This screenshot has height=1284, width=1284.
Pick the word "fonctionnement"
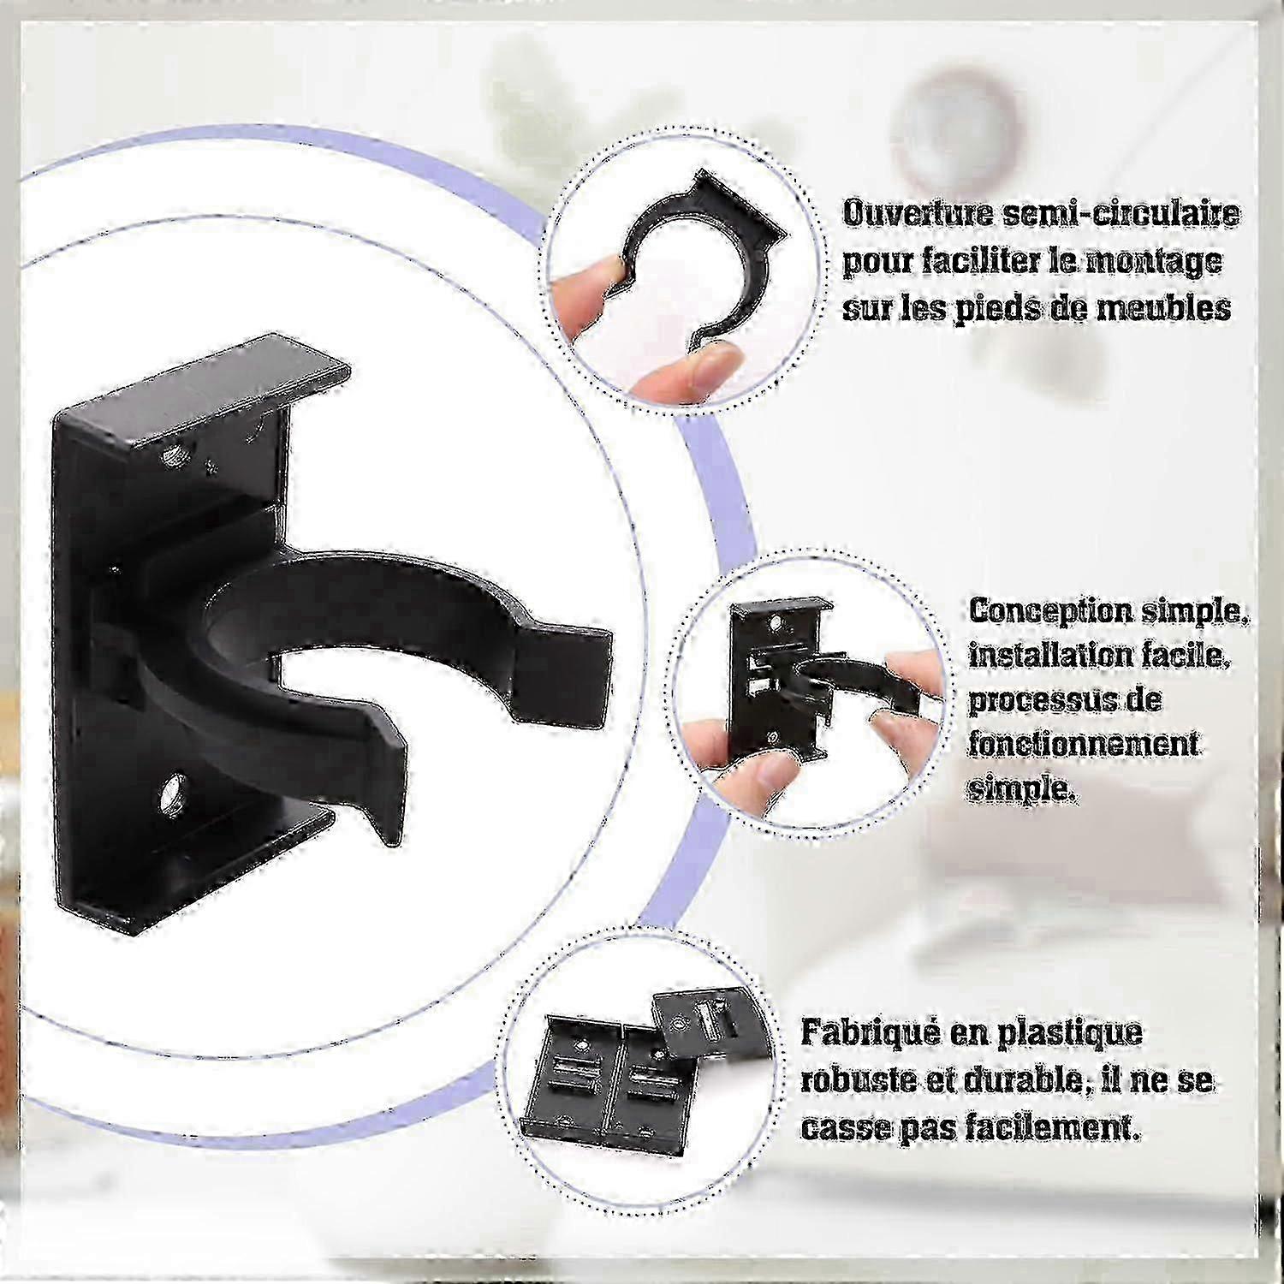pyautogui.click(x=1084, y=745)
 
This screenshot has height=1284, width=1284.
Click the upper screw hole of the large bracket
pyautogui.click(x=178, y=453)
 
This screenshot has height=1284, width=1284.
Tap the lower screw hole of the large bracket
pyautogui.click(x=173, y=790)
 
